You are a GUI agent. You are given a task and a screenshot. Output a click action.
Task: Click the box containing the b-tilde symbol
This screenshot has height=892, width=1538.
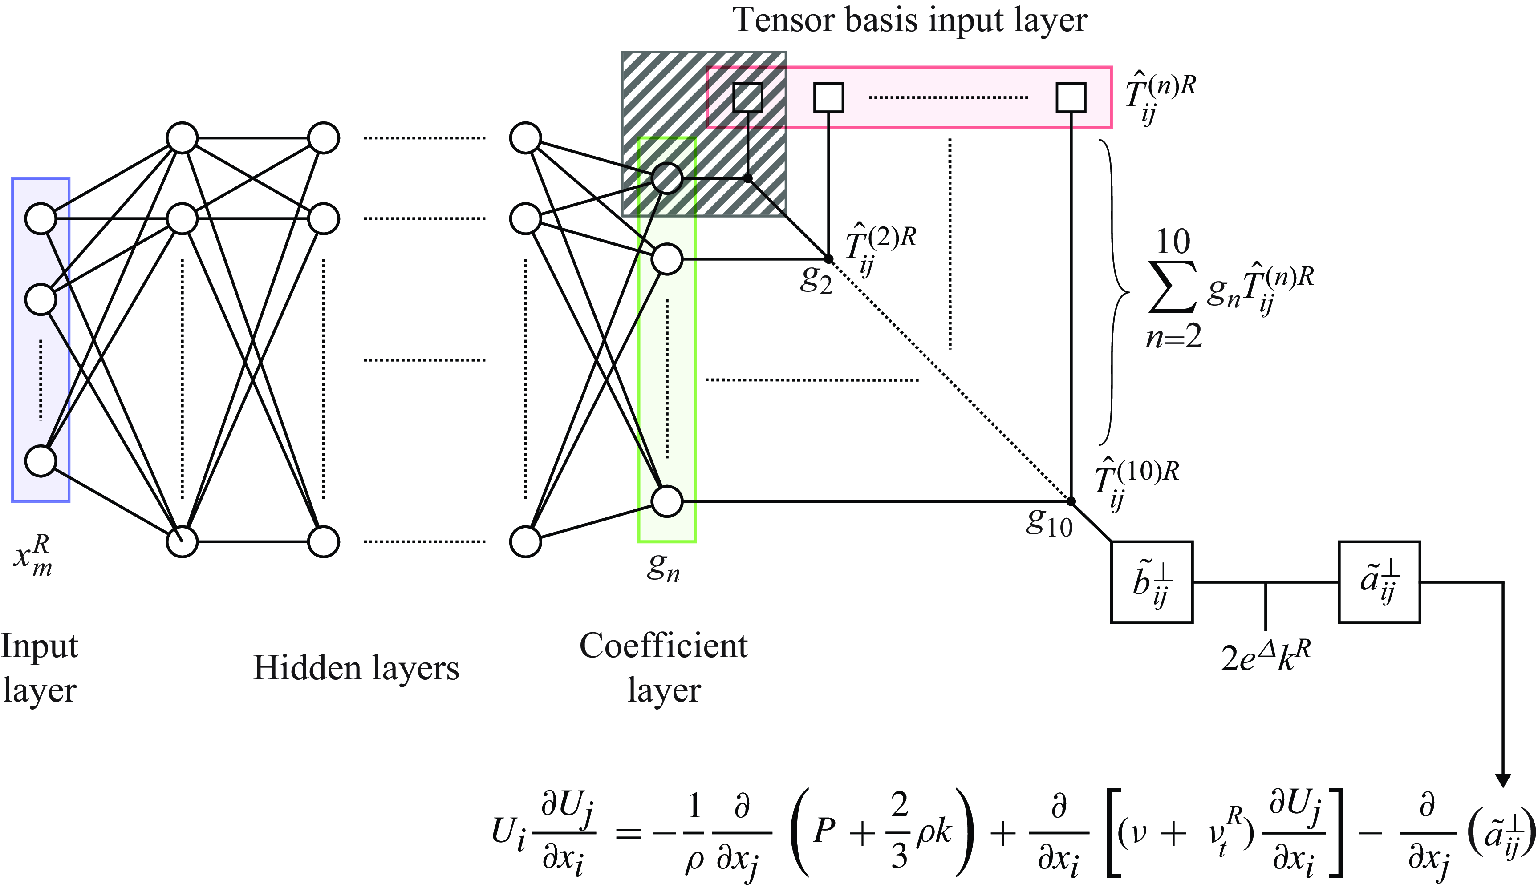pos(1151,582)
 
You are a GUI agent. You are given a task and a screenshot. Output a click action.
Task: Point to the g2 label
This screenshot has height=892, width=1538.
pos(816,281)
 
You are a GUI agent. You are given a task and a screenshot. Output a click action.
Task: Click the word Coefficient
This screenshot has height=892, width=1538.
pos(663,646)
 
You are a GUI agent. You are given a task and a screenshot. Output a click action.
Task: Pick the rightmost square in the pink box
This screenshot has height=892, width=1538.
pos(1071,97)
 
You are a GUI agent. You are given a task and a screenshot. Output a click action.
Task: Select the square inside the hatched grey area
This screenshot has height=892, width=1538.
pos(748,97)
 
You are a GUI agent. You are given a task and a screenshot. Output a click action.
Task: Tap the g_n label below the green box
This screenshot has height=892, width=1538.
pos(663,569)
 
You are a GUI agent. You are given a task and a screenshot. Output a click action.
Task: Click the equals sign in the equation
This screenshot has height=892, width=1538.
pos(628,832)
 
